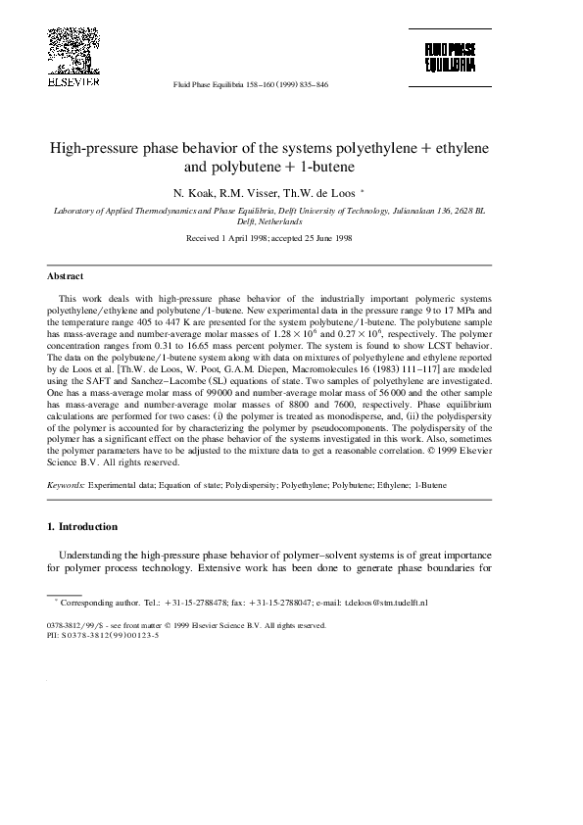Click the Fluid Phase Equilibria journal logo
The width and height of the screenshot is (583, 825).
point(450,57)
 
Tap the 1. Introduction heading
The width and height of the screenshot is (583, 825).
point(82,526)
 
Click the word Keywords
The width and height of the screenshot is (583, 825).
point(67,485)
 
